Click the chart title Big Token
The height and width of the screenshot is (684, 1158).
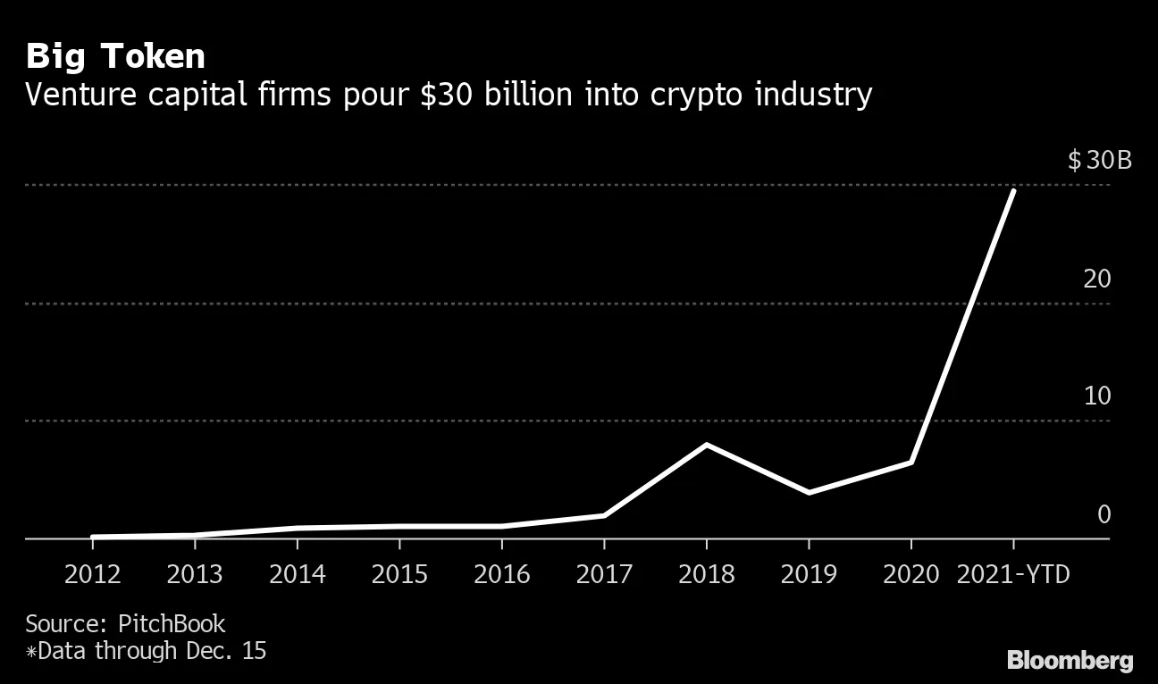115,56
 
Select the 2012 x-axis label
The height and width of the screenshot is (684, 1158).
93,573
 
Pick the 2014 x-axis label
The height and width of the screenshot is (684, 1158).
298,573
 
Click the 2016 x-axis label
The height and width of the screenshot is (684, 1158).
501,573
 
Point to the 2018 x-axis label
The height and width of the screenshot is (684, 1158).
706,573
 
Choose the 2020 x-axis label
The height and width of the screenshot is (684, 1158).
910,573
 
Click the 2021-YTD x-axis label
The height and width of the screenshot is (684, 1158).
1012,573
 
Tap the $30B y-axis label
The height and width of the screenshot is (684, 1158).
1099,161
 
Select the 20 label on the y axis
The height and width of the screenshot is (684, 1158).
1096,279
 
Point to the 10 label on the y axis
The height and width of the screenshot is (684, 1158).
1096,396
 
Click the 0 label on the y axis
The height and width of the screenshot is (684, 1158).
1103,513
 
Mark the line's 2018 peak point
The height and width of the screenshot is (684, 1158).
706,445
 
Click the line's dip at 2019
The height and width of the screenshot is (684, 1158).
809,493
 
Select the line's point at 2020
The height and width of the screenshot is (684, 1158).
910,463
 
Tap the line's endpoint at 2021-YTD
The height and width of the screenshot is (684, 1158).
1012,191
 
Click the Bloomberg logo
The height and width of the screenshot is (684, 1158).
1070,661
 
